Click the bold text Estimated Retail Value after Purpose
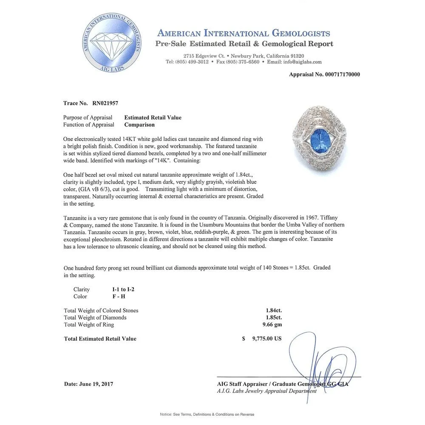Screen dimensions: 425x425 coord(153,118)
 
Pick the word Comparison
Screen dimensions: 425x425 coord(139,125)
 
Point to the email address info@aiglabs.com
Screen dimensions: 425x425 coord(300,62)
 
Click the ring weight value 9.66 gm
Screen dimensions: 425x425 coord(272,325)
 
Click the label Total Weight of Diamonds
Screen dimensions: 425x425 coord(95,317)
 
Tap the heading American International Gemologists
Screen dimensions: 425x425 coord(244,34)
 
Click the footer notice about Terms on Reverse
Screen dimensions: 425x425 coord(212,414)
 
